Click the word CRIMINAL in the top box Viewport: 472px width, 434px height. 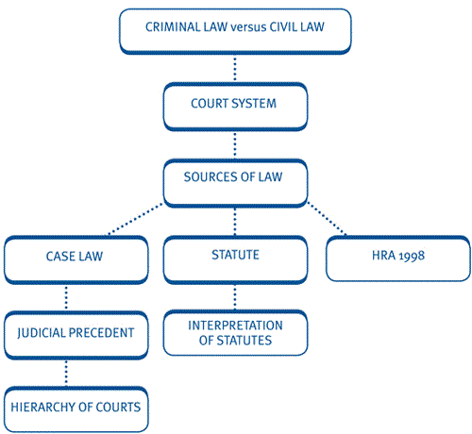(173, 27)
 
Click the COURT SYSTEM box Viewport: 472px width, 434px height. (235, 107)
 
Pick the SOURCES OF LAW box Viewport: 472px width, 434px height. (235, 183)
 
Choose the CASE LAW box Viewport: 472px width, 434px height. (76, 260)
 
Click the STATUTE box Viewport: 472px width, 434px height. (235, 260)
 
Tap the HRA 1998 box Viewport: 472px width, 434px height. (398, 259)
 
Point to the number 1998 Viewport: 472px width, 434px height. (412, 256)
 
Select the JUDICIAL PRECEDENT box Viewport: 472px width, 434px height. (76, 335)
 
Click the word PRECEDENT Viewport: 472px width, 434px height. (101, 333)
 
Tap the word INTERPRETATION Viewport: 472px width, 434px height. (235, 325)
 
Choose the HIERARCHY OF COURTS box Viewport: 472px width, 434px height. (76, 409)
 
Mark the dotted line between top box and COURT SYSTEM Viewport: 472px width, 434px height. (235, 69)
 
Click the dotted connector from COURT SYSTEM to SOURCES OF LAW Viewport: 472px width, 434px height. (235, 145)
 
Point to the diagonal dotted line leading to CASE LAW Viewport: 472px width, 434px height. (135, 219)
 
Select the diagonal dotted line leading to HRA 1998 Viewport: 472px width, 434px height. (327, 218)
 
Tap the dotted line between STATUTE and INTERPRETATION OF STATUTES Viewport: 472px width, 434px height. (235, 297)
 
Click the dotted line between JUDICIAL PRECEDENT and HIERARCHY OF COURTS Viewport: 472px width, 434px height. (66, 373)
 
